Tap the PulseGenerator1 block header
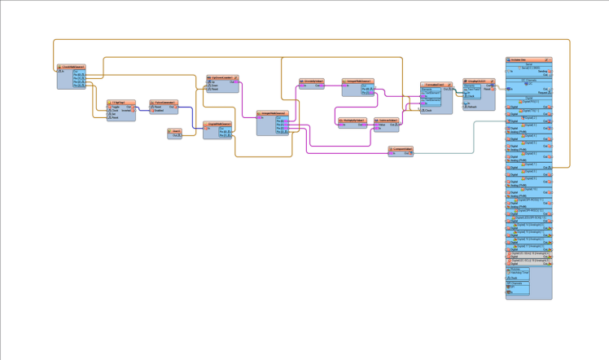(164, 103)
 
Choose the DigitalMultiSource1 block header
(217, 124)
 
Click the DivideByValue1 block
(312, 81)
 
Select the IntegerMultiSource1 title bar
(357, 81)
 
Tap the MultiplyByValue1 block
(352, 121)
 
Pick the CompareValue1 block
(401, 150)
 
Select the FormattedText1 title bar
(436, 84)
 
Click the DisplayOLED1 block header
(479, 81)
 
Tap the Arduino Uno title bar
(528, 59)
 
